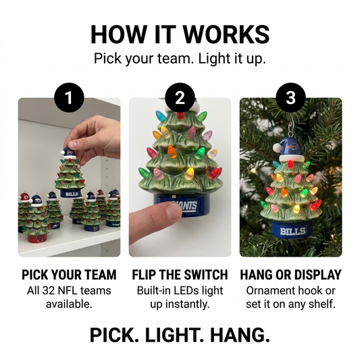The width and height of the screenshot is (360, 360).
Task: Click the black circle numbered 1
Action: pyautogui.click(x=69, y=97)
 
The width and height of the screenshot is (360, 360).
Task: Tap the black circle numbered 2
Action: pyautogui.click(x=180, y=97)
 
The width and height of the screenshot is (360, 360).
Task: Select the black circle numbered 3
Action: pyautogui.click(x=290, y=97)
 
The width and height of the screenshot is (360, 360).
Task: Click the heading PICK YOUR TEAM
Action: pyautogui.click(x=69, y=275)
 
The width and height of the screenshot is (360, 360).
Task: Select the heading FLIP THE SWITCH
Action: pyautogui.click(x=180, y=275)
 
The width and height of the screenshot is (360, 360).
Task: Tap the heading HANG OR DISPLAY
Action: pyautogui.click(x=290, y=275)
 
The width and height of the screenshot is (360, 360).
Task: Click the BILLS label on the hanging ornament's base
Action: pyautogui.click(x=293, y=231)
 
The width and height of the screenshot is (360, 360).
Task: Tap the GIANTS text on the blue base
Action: pyautogui.click(x=186, y=205)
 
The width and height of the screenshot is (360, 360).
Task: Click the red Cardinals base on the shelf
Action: pyautogui.click(x=36, y=238)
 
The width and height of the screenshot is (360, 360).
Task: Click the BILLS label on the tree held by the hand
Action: pyautogui.click(x=72, y=195)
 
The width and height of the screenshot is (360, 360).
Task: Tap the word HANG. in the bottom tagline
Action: pyautogui.click(x=240, y=335)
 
